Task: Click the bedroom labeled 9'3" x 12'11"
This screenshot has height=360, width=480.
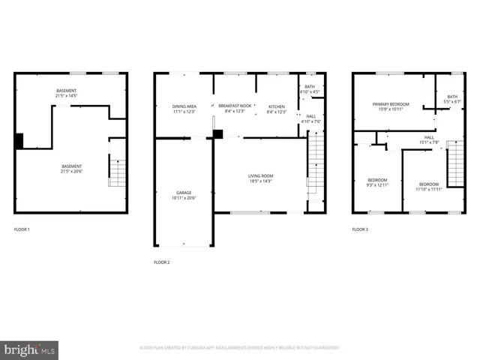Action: tap(377, 182)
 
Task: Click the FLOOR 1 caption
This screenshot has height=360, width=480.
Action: tap(22, 229)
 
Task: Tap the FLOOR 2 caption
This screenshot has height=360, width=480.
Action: tap(162, 262)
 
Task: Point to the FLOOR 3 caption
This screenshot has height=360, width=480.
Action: tap(361, 229)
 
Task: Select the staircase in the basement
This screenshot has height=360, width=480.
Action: tap(118, 172)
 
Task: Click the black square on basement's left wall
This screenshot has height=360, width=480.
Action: tap(19, 140)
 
